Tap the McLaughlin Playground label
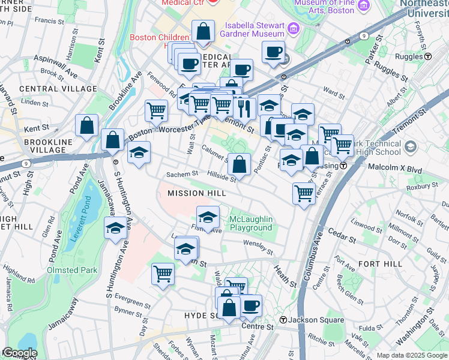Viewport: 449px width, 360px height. (x=250, y=223)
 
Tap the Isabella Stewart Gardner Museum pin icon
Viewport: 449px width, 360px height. (x=293, y=28)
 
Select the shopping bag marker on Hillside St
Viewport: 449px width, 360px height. (x=239, y=164)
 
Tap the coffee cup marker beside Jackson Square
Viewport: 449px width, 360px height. (x=251, y=306)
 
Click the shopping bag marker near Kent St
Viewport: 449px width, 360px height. (x=87, y=126)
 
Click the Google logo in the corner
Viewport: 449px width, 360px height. (x=19, y=353)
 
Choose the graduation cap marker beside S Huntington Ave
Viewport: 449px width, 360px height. (x=115, y=227)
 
